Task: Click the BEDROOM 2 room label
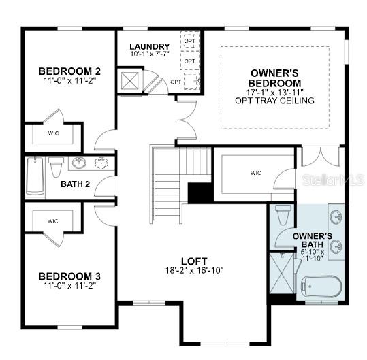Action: (69, 71)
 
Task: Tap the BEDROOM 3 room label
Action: (69, 276)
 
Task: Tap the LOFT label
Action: (193, 261)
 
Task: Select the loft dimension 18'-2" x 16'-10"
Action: (193, 270)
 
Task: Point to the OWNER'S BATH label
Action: (312, 240)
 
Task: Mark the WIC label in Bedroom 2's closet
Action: (53, 133)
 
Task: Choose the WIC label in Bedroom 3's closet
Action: (53, 221)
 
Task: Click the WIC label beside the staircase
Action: (256, 173)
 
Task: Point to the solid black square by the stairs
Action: (198, 193)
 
